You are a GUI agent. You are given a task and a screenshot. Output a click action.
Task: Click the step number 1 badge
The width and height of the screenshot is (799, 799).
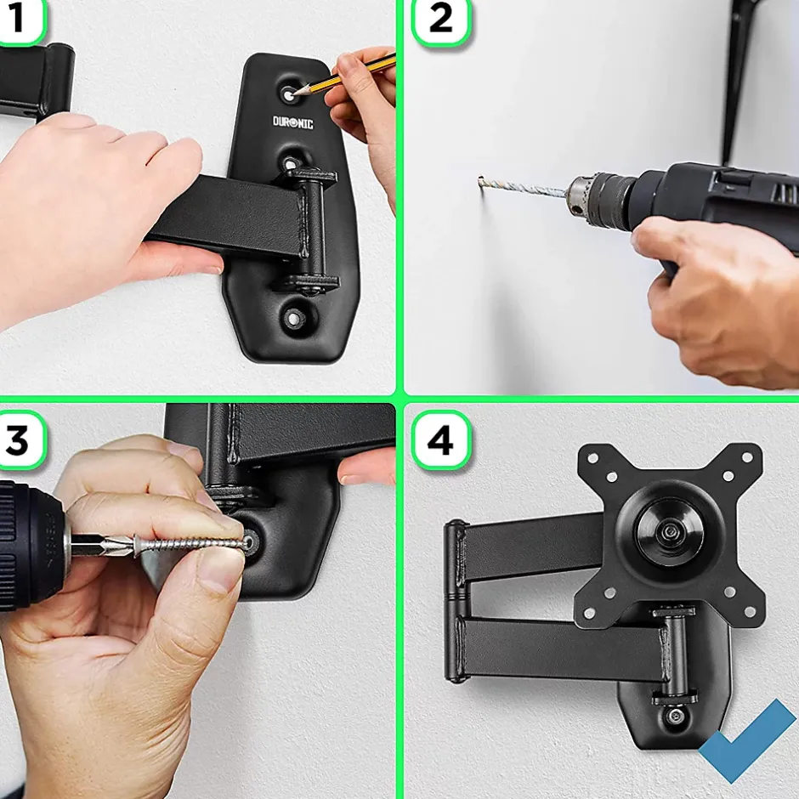20,20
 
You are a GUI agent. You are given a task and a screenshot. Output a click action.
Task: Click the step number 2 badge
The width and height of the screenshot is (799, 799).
441,20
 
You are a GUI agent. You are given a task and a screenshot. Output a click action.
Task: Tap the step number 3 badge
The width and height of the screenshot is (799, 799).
20,440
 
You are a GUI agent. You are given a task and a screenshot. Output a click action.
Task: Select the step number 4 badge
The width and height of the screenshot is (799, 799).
441,440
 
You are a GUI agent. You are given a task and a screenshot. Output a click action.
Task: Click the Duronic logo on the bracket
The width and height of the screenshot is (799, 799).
293,122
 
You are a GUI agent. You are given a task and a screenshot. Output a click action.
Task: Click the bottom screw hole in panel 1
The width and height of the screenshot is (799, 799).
294,319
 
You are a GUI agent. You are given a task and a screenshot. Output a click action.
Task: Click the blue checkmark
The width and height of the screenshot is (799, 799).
747,740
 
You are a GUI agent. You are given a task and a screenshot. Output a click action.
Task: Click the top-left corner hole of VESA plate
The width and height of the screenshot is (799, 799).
592,457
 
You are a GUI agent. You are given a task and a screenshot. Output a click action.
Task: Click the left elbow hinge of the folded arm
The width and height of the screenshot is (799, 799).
457,601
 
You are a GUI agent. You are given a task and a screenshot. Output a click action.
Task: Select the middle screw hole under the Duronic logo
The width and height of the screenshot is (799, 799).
291,164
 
